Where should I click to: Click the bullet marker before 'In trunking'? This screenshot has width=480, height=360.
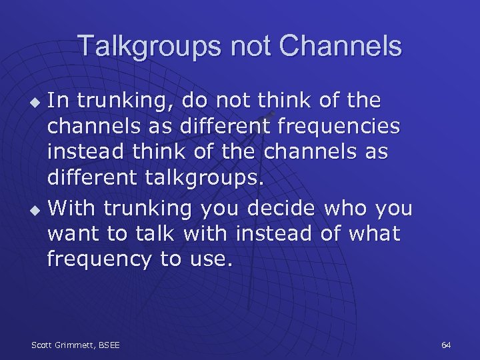click(37, 103)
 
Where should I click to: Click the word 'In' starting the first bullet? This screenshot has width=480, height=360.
click(58, 101)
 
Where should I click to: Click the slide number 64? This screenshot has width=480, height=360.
click(446, 345)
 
